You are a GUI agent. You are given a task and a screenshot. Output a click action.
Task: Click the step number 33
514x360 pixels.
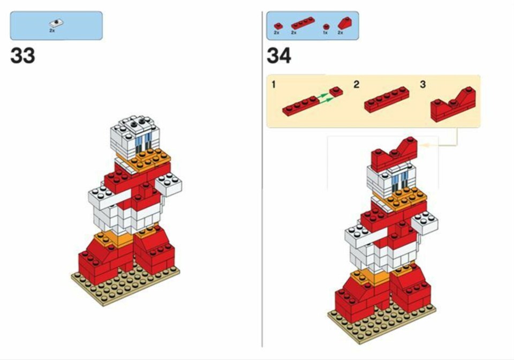[22, 55]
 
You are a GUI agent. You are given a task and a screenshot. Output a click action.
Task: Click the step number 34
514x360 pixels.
[279, 55]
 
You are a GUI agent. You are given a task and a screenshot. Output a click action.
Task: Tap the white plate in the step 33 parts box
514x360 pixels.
[56, 23]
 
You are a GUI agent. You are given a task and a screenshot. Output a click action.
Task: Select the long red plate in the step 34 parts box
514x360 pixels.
[303, 23]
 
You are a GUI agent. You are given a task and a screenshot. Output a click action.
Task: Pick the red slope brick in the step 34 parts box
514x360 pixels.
[344, 23]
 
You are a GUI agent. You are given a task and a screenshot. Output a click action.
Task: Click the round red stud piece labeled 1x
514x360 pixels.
[326, 27]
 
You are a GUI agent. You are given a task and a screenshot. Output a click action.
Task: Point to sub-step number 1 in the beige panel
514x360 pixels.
[274, 85]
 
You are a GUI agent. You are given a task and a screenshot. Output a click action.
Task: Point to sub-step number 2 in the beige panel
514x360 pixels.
[357, 85]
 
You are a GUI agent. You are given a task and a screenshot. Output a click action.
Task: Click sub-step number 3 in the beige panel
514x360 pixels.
[423, 85]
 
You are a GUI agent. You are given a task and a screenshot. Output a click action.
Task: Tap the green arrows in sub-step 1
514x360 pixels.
[322, 99]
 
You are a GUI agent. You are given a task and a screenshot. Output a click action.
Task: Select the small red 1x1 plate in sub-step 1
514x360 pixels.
[336, 92]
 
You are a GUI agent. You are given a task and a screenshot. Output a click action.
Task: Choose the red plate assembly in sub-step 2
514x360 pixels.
[387, 99]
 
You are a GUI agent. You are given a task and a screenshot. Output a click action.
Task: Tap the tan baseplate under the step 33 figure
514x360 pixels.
[125, 284]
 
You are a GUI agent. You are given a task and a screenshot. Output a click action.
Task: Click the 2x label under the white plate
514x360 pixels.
[52, 30]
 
